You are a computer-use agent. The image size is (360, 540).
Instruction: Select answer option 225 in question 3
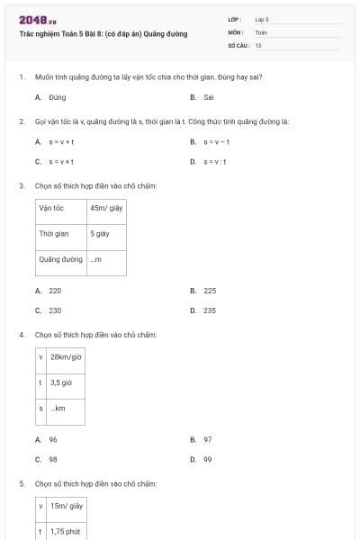209,291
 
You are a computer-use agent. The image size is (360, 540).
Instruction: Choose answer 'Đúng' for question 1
57,96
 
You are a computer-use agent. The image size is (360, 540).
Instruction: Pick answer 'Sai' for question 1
208,96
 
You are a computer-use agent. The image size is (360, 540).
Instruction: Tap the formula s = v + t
61,141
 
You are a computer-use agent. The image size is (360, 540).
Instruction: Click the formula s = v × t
61,161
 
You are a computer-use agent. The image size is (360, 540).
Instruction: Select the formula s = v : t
214,161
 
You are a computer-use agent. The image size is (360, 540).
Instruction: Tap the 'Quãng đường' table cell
60,259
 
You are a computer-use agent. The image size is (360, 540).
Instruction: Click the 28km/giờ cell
66,356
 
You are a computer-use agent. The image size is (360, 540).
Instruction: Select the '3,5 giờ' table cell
62,382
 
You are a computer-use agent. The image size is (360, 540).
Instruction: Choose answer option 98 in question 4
53,458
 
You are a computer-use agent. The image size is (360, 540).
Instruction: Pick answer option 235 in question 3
209,310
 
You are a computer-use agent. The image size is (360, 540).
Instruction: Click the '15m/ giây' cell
67,506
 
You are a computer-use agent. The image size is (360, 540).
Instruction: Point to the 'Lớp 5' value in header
262,19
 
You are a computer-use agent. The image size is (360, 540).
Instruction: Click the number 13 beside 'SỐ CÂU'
258,44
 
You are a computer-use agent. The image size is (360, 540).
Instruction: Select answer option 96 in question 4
53,439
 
